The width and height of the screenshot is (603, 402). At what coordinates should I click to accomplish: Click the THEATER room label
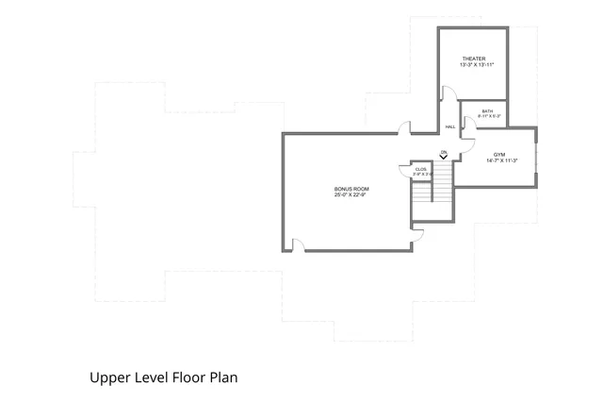474,59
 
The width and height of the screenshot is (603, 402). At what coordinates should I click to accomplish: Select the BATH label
487,111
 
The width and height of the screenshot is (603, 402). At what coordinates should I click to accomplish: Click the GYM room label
499,154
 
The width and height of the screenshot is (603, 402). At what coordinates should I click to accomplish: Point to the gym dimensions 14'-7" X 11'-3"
502,160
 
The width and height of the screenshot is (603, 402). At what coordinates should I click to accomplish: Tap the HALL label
450,126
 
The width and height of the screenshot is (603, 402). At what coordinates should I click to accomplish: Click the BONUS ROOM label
349,189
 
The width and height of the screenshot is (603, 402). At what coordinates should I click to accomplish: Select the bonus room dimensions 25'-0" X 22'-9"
349,195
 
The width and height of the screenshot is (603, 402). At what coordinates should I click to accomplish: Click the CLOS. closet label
421,169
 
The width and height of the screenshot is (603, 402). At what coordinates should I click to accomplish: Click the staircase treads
432,193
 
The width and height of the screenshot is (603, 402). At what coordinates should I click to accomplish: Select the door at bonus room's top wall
403,128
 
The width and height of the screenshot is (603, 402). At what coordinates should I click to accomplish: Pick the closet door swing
404,171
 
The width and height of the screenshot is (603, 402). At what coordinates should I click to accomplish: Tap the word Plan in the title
220,377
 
